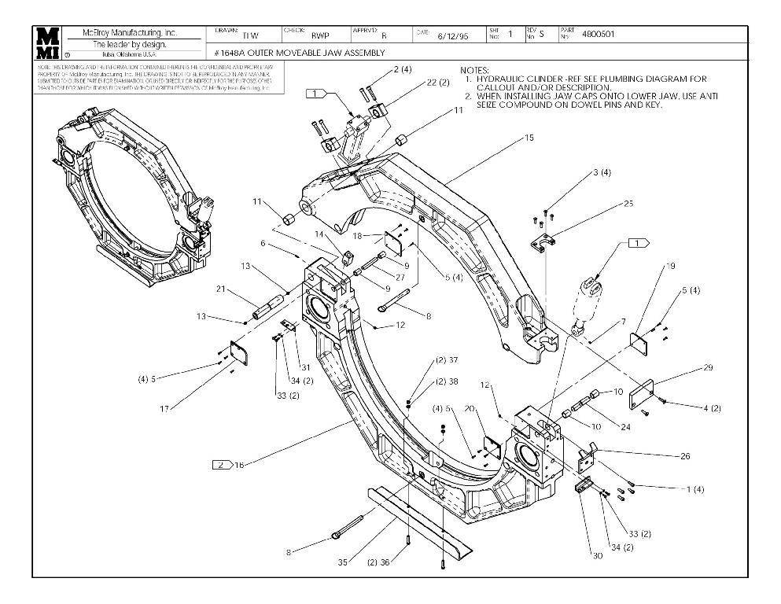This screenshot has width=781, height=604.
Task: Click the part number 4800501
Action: point(599,35)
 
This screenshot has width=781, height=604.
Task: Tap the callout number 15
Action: point(529,138)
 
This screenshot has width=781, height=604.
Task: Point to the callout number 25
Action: point(628,203)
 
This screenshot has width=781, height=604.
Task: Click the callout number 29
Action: point(685,367)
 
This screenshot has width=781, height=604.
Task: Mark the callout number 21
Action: point(222,289)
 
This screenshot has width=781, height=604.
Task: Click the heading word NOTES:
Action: point(475,70)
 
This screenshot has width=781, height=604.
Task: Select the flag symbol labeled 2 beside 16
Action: point(222,465)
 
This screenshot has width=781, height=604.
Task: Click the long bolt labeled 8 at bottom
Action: point(347,526)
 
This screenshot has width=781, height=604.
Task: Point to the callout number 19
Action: point(671,266)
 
